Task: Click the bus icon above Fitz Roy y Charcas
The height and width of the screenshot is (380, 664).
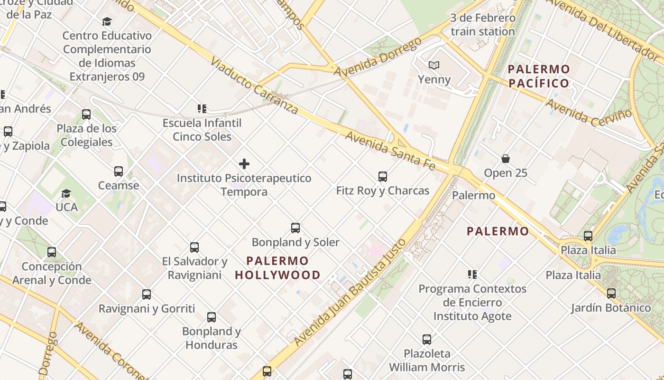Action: point(383,177)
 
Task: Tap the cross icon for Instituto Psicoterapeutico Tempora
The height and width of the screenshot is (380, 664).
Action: point(244,164)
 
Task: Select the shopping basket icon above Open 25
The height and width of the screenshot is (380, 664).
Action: point(506,159)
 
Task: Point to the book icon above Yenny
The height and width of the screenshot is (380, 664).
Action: point(434,65)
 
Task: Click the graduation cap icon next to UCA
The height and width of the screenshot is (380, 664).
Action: point(66,193)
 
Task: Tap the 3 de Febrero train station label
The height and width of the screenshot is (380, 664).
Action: point(483,25)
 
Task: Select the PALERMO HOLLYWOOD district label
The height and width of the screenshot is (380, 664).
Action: point(277,268)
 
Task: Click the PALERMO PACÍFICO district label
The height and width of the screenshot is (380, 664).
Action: point(539,76)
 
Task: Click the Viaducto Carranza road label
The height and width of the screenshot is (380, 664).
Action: point(254,86)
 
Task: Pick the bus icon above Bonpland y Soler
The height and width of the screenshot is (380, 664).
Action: point(295,228)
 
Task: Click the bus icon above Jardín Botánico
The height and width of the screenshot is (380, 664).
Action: point(611,294)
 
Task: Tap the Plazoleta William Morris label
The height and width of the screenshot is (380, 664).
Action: point(427,360)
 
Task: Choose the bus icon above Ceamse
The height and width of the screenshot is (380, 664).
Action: point(119,171)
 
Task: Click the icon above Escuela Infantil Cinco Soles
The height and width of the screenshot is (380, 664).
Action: point(202,109)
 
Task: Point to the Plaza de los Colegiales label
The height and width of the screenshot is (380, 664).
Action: point(86,135)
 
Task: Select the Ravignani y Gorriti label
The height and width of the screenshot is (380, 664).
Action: point(147,309)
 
